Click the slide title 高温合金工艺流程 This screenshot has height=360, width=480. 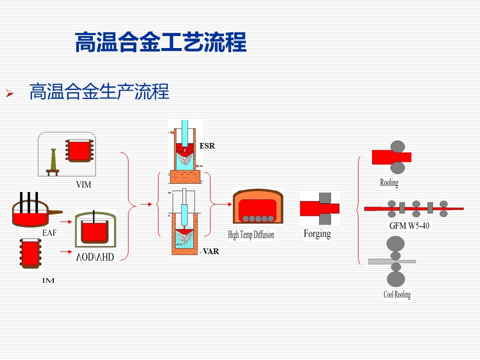coord(160,42)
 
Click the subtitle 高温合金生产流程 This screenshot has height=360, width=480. coord(99,92)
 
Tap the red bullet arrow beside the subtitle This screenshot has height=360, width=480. coord(8,93)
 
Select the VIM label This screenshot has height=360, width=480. coord(83,185)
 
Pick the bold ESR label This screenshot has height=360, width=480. coord(207,146)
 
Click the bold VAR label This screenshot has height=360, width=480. coord(211,251)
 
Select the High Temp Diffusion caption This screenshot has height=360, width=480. coord(251,234)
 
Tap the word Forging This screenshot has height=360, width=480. coord(317,233)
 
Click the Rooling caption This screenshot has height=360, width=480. coord(389,182)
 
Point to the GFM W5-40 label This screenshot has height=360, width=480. coord(409,225)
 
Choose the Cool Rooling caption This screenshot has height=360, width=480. coord(397,294)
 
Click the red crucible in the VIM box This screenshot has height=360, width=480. coord(78,149)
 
